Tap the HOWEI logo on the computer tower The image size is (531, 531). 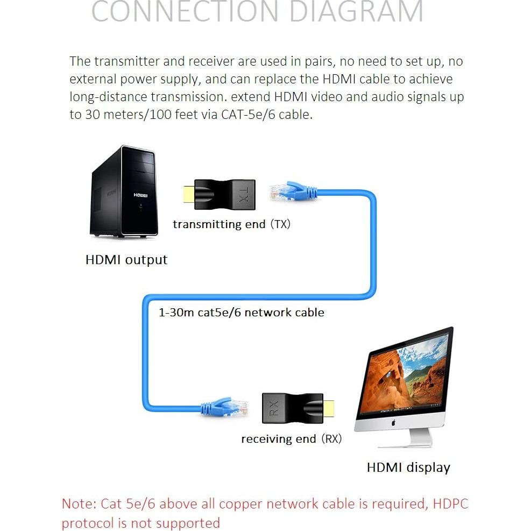tap(140, 195)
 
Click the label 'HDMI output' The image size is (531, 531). tap(126, 260)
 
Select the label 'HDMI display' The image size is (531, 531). tap(408, 468)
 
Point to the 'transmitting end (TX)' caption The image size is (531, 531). tap(231, 224)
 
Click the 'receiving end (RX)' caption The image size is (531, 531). tap(291, 439)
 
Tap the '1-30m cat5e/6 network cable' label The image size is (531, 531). tap(242, 312)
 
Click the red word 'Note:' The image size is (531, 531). tap(79, 504)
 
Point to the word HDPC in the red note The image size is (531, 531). tap(451, 504)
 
